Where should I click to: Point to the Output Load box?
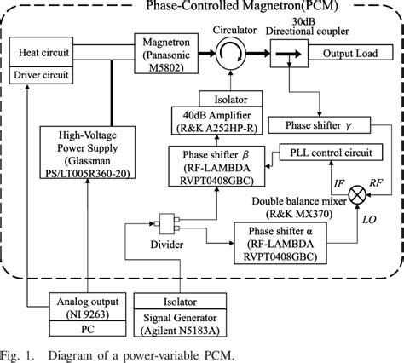coord(349,53)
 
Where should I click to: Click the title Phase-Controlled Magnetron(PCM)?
coord(202,7)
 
